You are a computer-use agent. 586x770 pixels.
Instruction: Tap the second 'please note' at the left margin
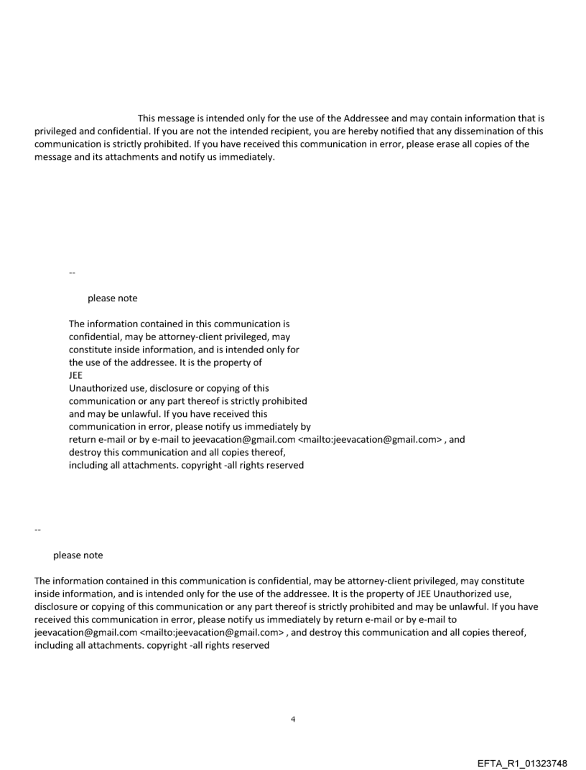(x=78, y=555)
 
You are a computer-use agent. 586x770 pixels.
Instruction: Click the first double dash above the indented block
(x=72, y=273)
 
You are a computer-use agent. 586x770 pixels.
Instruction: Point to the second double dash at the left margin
(x=37, y=530)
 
